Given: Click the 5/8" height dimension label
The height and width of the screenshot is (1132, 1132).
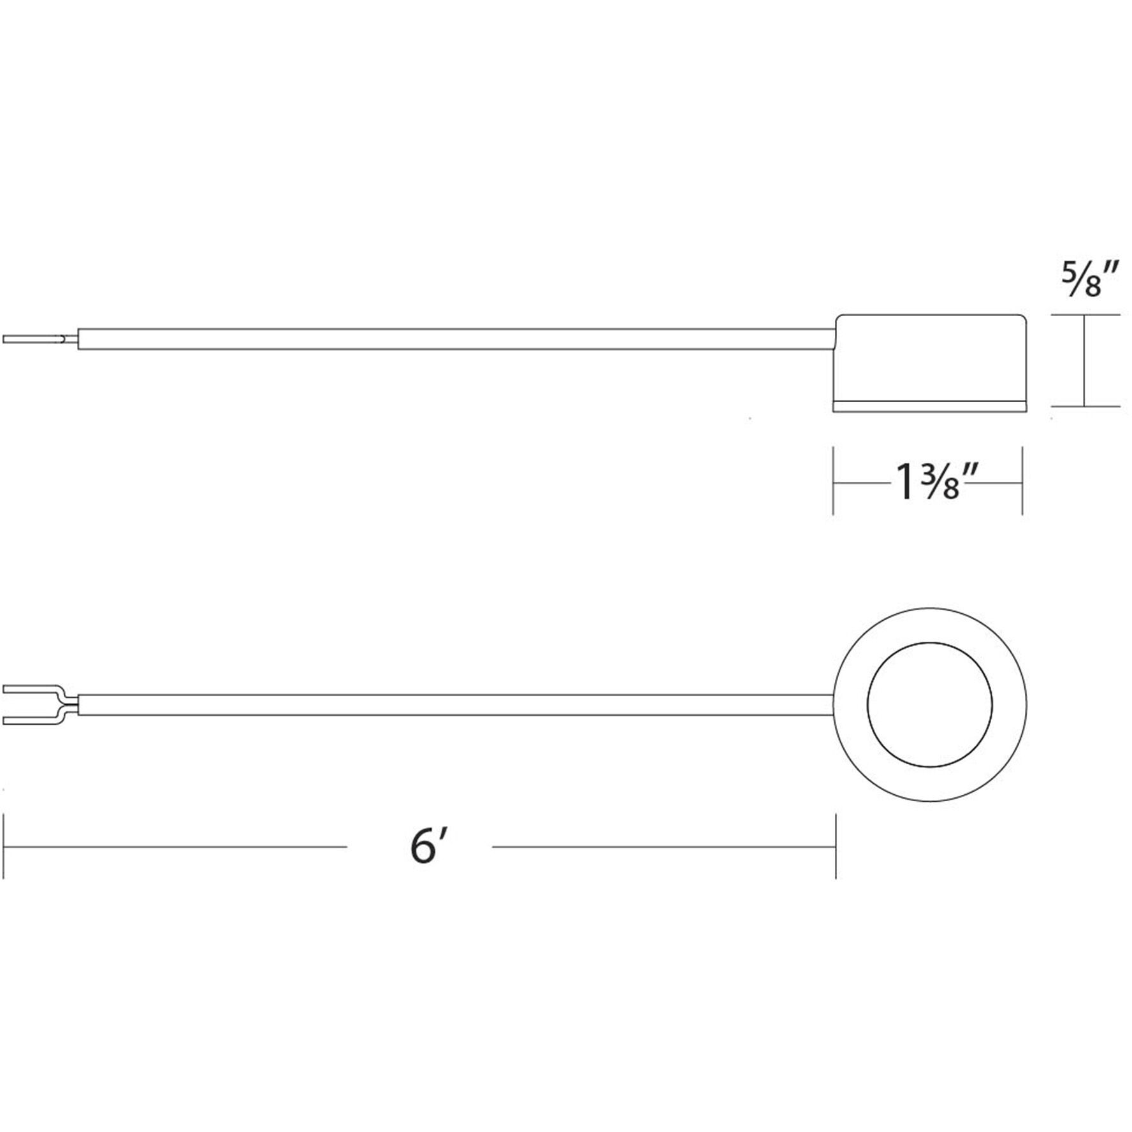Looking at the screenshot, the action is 1089,281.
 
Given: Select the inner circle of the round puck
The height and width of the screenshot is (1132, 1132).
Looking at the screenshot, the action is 930,704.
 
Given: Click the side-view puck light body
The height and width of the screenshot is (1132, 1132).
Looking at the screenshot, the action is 930,357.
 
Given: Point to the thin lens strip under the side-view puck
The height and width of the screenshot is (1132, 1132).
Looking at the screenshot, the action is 930,406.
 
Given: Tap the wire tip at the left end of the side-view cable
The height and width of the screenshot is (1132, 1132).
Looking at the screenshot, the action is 32,340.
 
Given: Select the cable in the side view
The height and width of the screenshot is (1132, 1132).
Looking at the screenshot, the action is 446,339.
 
